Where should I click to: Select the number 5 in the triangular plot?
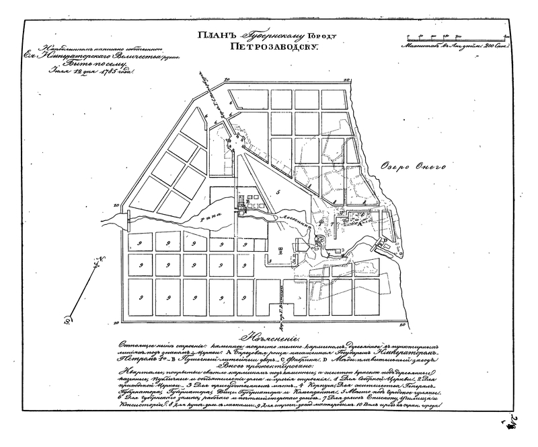tap(268, 192)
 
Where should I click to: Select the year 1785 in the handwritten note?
tap(111, 72)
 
